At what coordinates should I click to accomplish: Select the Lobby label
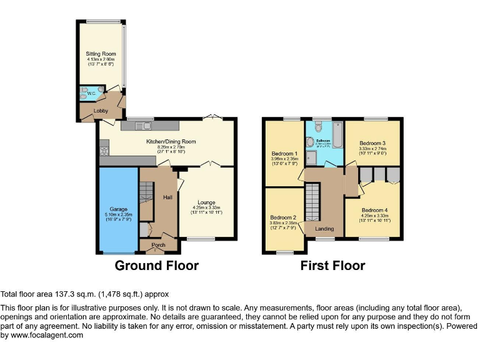coord(101,111)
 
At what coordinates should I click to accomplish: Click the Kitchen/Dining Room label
coord(171,142)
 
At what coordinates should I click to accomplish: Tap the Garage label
coord(119,209)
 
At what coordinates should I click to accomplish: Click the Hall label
coord(167,197)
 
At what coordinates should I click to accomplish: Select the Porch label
coord(158,245)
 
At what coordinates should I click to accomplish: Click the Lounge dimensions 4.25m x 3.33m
coord(206,208)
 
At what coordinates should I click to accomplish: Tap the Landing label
coord(324,229)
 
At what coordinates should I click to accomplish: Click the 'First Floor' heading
coord(332,266)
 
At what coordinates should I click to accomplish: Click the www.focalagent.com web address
coord(45,335)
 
